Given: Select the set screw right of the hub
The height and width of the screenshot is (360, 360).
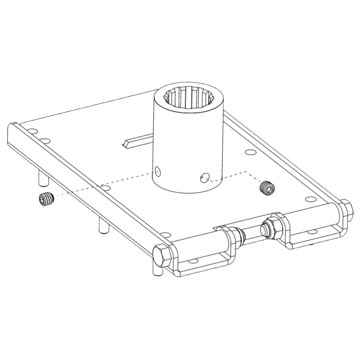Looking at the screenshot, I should [267, 187].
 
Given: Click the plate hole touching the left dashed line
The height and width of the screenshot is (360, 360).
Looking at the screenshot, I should [105, 188].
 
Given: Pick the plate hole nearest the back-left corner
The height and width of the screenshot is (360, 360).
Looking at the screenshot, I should [32, 131].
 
